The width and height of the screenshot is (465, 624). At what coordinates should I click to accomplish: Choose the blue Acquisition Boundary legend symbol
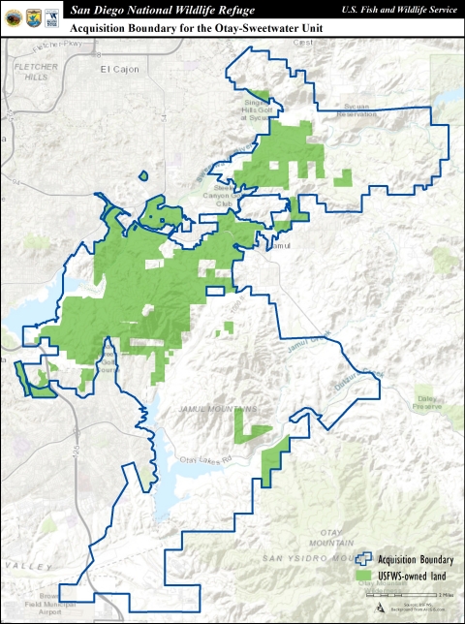pos(365,559)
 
